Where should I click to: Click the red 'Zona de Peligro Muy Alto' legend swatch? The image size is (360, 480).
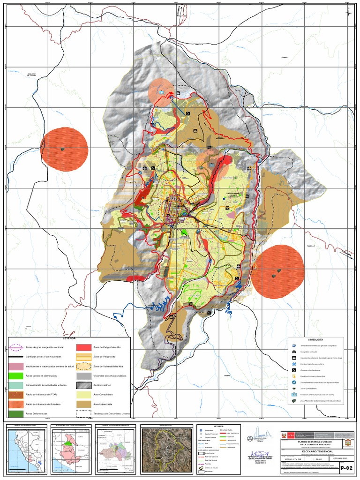84,347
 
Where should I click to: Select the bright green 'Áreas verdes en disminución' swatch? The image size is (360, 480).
15,376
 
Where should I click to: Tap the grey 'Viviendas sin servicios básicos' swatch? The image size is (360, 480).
84,376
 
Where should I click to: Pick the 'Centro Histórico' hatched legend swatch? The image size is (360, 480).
84,385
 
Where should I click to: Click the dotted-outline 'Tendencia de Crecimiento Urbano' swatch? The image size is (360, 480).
84,414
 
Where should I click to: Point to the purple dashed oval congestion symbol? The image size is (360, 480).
15,347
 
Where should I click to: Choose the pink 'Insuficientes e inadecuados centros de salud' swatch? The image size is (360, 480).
15,367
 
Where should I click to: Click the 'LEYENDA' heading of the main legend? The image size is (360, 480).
69,338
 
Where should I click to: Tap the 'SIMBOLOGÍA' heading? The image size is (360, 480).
316,339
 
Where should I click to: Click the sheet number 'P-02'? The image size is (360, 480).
346,468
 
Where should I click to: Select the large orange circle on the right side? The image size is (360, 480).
278,271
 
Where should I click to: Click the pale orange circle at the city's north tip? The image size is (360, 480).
161,92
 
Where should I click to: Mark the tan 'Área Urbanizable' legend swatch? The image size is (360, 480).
84,405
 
